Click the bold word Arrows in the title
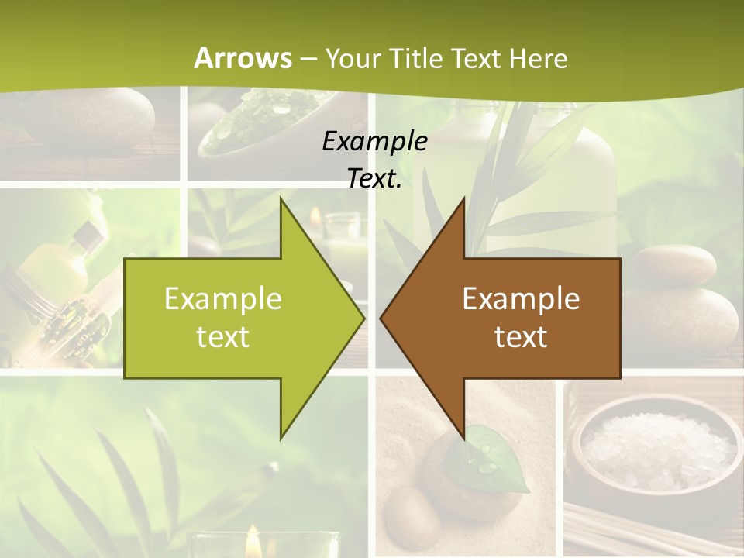[x=243, y=58]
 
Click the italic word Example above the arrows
[x=374, y=141]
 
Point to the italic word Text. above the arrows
[x=374, y=178]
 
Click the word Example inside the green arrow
[x=223, y=298]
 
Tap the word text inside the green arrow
[x=223, y=337]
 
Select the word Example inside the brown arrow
[x=521, y=298]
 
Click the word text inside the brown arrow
[x=521, y=337]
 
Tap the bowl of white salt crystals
[x=657, y=449]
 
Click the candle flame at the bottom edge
[x=253, y=542]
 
